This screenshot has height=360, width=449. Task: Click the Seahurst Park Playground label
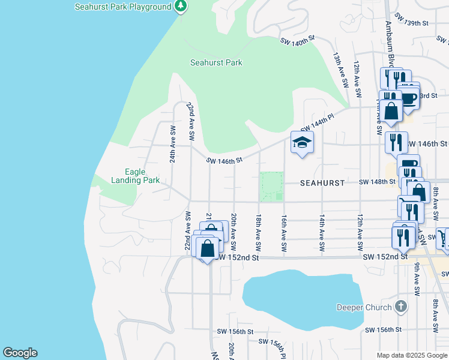click(x=123, y=7)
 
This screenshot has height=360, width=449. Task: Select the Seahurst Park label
click(x=216, y=62)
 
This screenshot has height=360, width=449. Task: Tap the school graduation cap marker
click(x=303, y=142)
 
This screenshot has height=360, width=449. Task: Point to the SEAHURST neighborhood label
click(x=322, y=182)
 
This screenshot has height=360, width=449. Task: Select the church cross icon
click(x=402, y=307)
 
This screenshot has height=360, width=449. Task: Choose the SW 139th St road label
click(x=410, y=23)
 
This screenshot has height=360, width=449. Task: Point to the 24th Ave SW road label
click(x=172, y=144)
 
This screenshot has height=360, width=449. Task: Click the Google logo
click(x=20, y=353)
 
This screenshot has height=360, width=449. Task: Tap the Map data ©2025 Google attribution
click(x=412, y=355)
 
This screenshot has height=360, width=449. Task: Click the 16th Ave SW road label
click(x=284, y=234)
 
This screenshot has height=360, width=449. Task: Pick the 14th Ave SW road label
click(x=322, y=233)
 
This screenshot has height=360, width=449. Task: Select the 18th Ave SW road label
click(x=259, y=233)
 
